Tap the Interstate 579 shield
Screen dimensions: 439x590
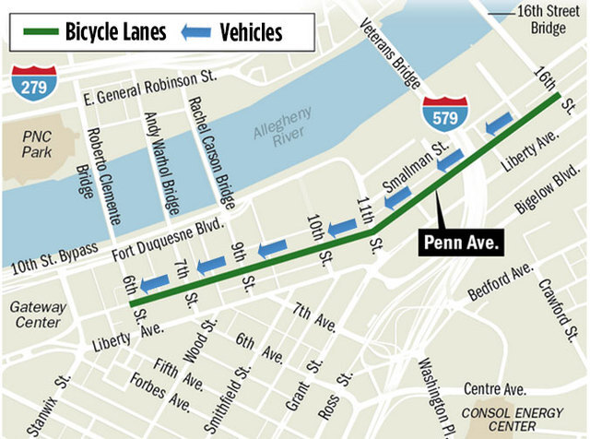coord(441,113)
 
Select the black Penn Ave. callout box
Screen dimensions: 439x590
coord(461,243)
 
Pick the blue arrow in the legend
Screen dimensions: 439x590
coord(196,32)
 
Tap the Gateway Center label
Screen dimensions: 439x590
coord(37,314)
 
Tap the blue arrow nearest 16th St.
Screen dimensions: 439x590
coord(498,122)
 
